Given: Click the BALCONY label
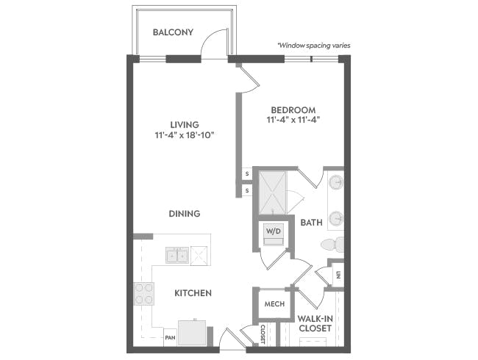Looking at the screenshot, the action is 173,32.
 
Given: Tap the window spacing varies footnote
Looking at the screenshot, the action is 314,46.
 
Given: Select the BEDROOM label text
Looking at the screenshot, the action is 293,109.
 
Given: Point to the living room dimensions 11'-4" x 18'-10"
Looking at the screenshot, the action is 185,135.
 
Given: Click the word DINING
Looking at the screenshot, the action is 185,214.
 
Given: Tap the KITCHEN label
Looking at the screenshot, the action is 193,293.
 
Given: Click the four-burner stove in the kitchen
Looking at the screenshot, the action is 143,294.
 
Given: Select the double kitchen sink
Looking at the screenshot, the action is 177,255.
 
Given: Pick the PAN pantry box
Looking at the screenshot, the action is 170,337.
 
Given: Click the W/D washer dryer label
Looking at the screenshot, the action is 273,231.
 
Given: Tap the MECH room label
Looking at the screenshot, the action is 274,304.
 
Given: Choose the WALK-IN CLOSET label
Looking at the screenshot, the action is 315,323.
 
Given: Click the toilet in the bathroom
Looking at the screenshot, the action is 332,244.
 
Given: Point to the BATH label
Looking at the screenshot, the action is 311,223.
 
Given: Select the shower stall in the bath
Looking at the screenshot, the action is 272,192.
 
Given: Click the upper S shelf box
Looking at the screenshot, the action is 247,174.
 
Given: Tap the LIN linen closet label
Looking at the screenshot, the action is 338,276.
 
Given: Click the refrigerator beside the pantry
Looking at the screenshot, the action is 192,333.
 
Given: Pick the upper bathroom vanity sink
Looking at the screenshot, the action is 336,182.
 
